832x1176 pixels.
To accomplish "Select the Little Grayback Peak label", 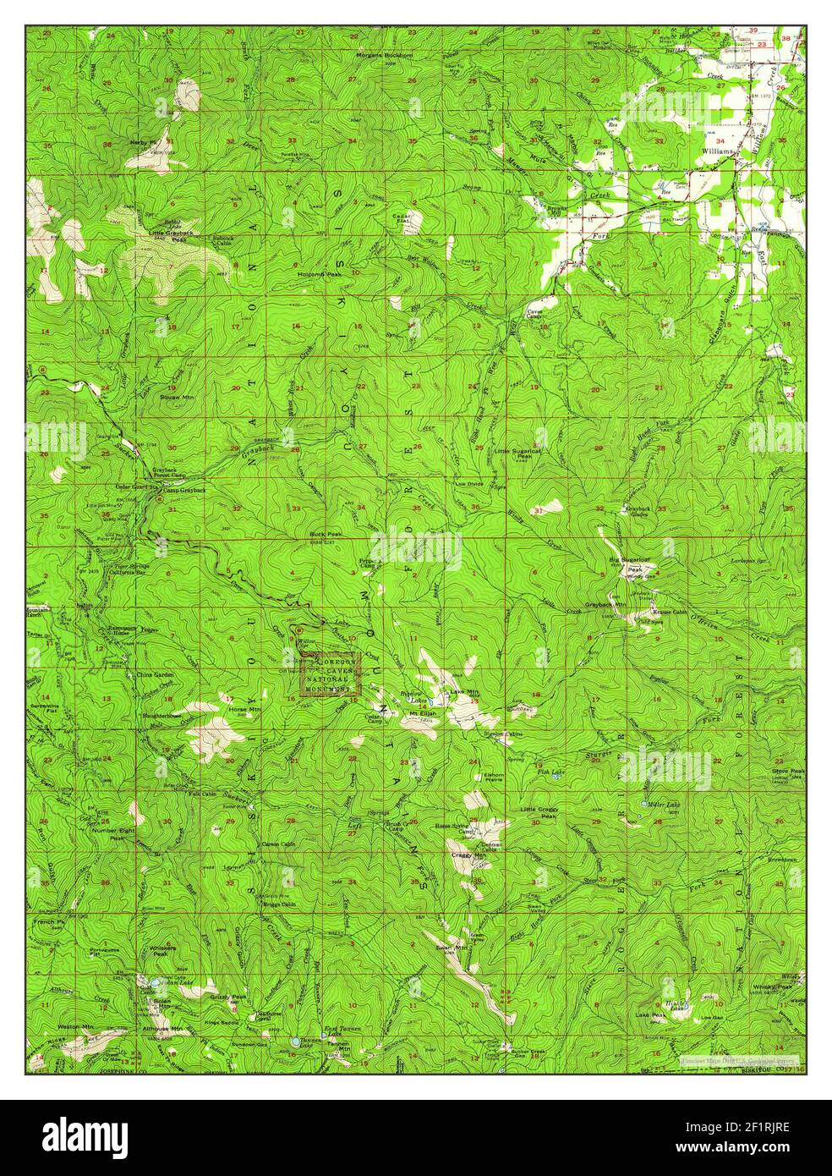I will pyautogui.click(x=168, y=236).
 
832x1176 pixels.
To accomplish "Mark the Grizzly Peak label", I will pyautogui.click(x=228, y=997).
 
